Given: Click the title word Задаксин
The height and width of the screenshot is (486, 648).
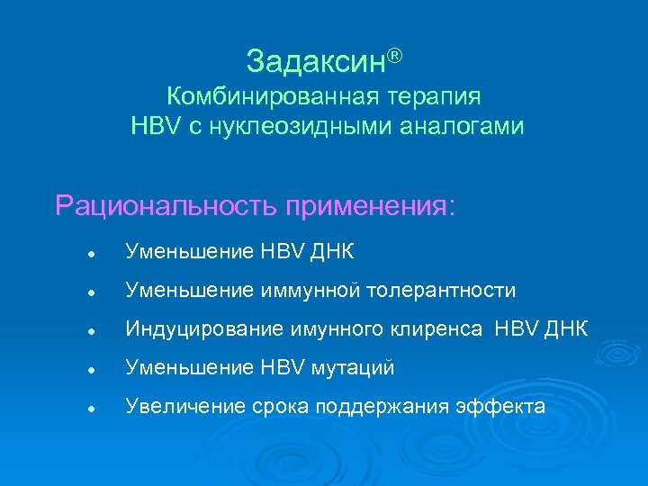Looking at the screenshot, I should click(x=316, y=61).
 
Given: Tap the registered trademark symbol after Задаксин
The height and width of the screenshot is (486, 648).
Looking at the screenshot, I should click(x=394, y=56).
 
